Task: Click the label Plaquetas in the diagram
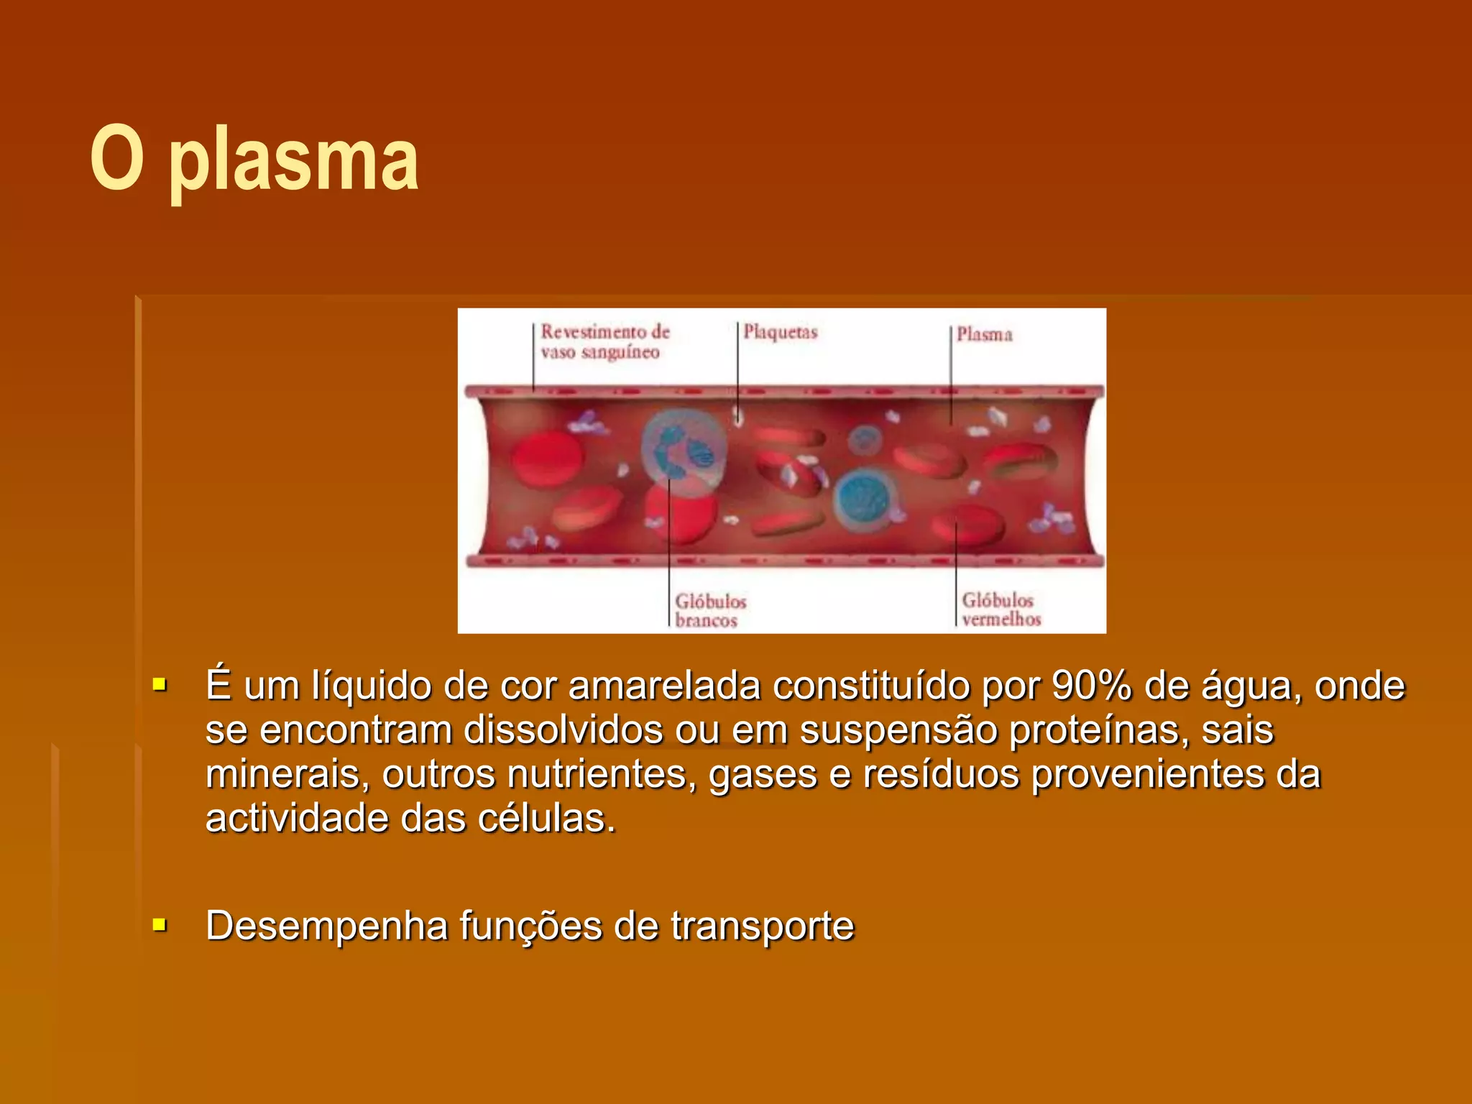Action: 780,332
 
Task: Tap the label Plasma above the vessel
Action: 984,334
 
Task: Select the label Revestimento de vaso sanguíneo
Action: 604,342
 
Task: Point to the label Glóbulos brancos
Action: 709,611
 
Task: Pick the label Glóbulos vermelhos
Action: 1000,609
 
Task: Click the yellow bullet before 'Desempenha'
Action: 160,924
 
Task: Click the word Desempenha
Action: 327,926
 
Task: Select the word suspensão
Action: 898,730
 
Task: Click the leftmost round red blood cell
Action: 546,459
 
